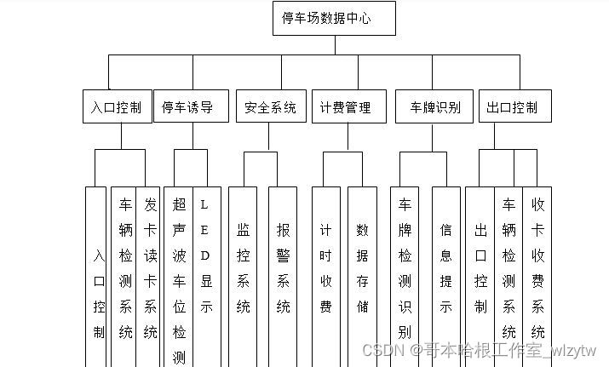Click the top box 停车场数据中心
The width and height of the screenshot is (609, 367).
[334, 19]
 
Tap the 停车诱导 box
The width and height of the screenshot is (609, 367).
[187, 107]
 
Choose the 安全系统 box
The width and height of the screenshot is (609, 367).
[269, 107]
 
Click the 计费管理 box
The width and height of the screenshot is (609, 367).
[345, 107]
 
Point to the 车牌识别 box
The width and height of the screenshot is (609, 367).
[434, 107]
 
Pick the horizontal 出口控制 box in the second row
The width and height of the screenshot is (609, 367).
[512, 107]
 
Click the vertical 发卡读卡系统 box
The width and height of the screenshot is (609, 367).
[150, 268]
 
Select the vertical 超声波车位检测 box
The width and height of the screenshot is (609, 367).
[179, 277]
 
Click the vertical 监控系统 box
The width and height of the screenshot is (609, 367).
[244, 268]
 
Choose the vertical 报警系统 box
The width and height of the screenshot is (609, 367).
[283, 268]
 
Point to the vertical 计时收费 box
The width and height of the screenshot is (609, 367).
[325, 268]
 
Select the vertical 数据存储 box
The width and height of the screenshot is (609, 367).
[362, 268]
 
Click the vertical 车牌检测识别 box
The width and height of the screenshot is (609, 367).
[404, 268]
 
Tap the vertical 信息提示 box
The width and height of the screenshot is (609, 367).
[445, 268]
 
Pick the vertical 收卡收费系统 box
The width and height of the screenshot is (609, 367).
[538, 268]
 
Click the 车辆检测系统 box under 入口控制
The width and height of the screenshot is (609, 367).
[124, 268]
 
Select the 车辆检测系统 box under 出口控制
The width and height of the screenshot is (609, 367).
[508, 268]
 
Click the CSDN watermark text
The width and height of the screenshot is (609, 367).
[480, 350]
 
